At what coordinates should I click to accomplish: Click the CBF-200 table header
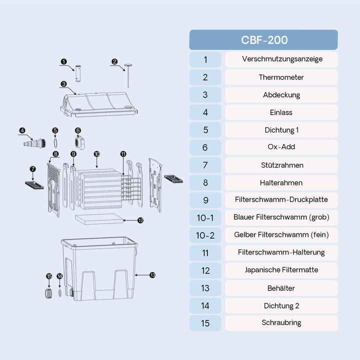[263, 40]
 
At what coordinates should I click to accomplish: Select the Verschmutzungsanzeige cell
[281, 59]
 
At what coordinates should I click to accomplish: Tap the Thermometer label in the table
[281, 77]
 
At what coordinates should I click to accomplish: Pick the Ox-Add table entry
[281, 147]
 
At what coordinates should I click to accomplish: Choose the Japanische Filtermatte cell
[281, 270]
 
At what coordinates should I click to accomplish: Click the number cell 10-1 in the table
[205, 217]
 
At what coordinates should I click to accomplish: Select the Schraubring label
[281, 323]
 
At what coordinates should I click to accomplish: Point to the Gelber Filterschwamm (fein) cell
[281, 234]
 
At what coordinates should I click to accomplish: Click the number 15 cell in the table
[205, 323]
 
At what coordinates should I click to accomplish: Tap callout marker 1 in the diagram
[63, 62]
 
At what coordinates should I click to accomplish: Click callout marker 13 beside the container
[152, 275]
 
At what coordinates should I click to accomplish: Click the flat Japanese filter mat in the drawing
[99, 218]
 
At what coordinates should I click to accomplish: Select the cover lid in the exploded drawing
[98, 102]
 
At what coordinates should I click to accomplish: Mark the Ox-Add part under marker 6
[78, 143]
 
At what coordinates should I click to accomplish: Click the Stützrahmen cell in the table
[281, 165]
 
